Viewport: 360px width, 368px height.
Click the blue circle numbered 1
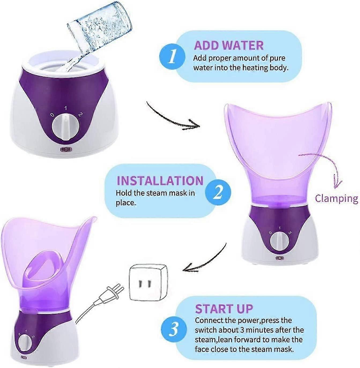(172, 57)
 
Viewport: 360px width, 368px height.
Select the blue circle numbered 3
(174, 329)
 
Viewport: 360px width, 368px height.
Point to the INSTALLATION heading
(160, 181)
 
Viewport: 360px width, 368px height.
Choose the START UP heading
(224, 309)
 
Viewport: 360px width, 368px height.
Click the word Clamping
(336, 198)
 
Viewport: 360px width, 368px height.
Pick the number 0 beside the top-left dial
(52, 115)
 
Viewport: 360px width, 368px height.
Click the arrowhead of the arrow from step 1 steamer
(194, 125)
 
